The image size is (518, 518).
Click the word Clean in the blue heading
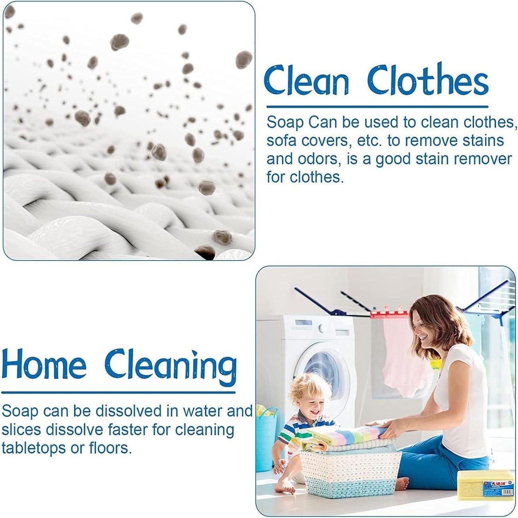tap(306, 81)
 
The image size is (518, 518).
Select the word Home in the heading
tap(44, 364)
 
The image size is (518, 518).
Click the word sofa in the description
tap(282, 141)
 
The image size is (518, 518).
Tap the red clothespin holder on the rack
tap(389, 313)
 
